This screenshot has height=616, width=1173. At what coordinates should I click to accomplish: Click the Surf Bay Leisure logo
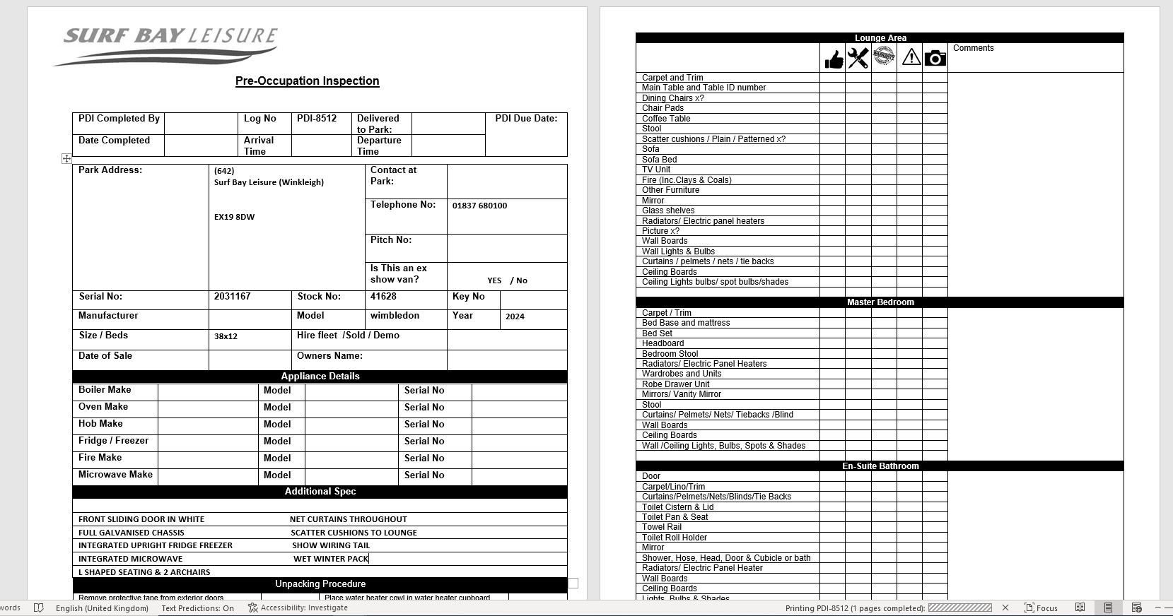pyautogui.click(x=167, y=45)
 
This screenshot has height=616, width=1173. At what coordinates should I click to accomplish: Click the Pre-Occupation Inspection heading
pyautogui.click(x=307, y=81)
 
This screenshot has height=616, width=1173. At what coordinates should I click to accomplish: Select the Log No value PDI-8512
pyautogui.click(x=317, y=119)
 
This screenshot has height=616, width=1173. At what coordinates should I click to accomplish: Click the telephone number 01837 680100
pyautogui.click(x=479, y=206)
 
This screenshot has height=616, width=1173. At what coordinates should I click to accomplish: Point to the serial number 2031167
pyautogui.click(x=232, y=297)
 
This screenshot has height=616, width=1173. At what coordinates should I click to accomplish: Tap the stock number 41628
pyautogui.click(x=383, y=297)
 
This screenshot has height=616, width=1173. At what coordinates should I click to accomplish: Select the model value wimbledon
pyautogui.click(x=395, y=316)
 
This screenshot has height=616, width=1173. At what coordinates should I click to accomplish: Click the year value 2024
pyautogui.click(x=515, y=316)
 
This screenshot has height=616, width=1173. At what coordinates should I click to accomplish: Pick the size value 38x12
pyautogui.click(x=226, y=336)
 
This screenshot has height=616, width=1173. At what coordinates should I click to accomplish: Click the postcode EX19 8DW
pyautogui.click(x=234, y=217)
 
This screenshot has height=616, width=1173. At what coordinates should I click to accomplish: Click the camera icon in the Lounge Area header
pyautogui.click(x=935, y=58)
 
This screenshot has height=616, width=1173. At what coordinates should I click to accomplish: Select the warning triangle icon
pyautogui.click(x=911, y=57)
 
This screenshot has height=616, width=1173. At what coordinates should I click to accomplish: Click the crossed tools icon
pyautogui.click(x=858, y=58)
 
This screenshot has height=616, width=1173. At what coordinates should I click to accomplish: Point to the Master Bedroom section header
pyautogui.click(x=880, y=302)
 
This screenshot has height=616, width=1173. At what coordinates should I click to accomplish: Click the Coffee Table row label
pyautogui.click(x=666, y=119)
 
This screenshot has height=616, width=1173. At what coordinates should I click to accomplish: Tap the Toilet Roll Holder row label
pyautogui.click(x=675, y=538)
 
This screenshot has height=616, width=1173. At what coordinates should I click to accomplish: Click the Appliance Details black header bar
pyautogui.click(x=320, y=377)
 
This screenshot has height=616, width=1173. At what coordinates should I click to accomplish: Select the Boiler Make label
pyautogui.click(x=105, y=390)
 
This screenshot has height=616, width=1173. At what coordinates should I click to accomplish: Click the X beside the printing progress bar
pyautogui.click(x=1005, y=608)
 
